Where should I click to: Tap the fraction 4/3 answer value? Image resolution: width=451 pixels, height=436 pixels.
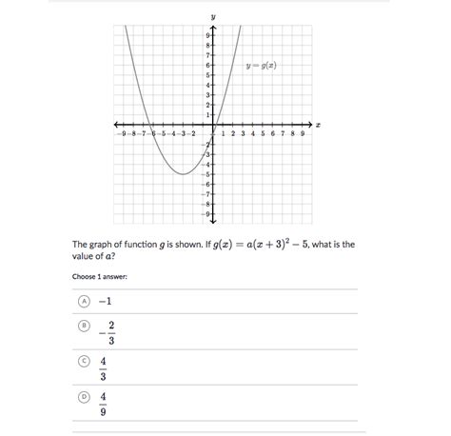(103, 368)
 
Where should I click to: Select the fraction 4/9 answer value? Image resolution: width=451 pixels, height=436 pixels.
(103, 404)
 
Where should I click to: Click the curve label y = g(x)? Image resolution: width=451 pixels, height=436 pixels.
(262, 66)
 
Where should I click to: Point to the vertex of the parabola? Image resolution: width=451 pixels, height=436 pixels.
(184, 174)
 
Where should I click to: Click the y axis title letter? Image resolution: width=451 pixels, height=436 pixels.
(213, 17)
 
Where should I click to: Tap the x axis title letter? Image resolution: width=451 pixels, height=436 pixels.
(318, 125)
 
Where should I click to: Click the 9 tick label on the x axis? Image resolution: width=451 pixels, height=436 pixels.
(303, 134)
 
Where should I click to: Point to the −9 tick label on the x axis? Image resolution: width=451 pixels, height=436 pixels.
(121, 134)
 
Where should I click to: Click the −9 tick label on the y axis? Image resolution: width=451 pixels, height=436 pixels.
(206, 214)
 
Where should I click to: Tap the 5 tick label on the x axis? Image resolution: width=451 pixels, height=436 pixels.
(263, 134)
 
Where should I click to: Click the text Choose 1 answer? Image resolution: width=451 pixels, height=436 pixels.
(100, 277)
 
